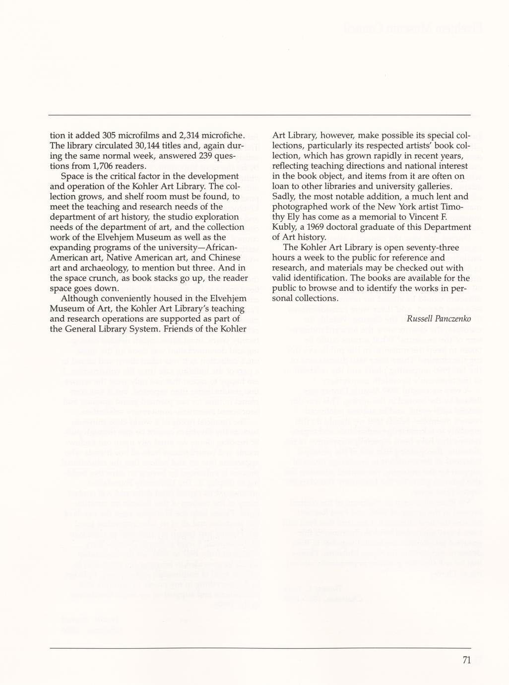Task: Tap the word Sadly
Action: (x=284, y=197)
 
